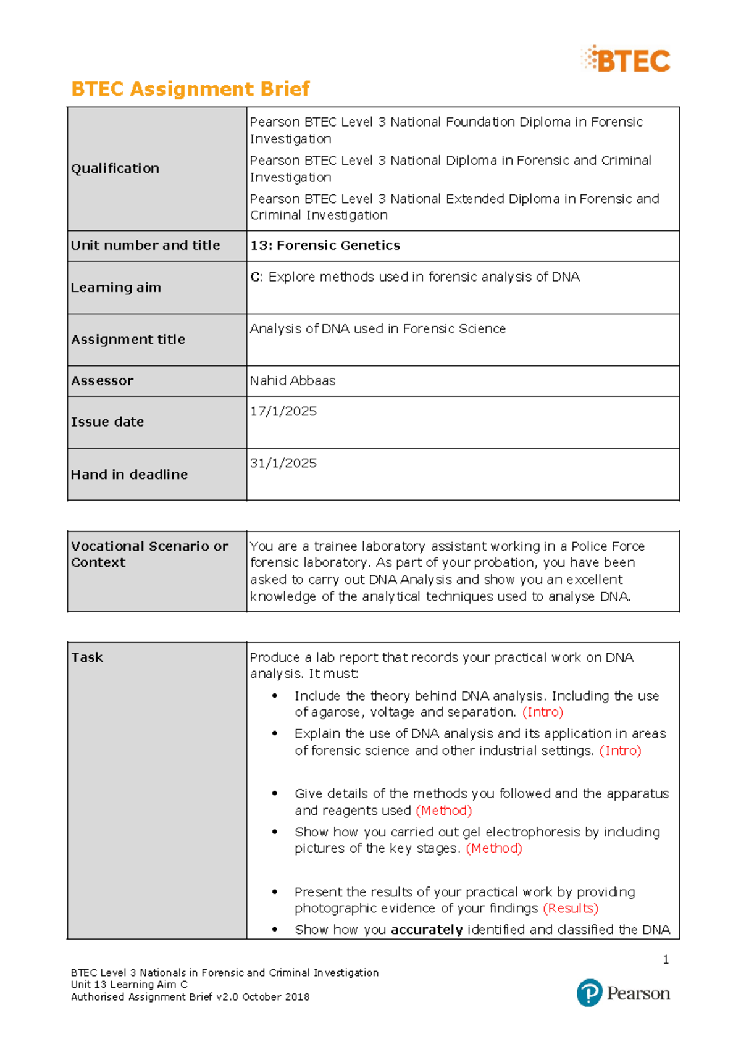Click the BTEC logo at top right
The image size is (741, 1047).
[626, 60]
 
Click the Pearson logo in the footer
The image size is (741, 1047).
[623, 993]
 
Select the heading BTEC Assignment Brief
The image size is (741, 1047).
[190, 89]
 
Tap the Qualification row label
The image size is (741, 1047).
[115, 169]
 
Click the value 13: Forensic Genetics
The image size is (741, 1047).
[325, 246]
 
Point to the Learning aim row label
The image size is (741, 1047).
[115, 288]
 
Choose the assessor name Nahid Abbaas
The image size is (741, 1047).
[293, 381]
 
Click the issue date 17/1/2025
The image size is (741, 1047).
[283, 411]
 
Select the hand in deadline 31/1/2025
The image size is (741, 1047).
[283, 463]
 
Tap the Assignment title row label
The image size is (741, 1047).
[128, 340]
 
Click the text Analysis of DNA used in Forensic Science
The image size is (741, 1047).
[377, 329]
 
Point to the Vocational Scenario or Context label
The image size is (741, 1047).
[149, 554]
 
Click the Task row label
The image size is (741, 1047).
[87, 657]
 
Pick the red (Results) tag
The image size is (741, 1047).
[571, 908]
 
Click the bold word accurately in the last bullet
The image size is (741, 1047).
[427, 930]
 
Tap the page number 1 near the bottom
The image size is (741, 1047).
[666, 959]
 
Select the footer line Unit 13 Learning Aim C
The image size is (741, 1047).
[129, 985]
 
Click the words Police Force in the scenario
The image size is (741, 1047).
[608, 546]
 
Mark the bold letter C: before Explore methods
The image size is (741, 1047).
[256, 277]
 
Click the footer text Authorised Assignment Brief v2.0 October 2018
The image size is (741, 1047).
[190, 997]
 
